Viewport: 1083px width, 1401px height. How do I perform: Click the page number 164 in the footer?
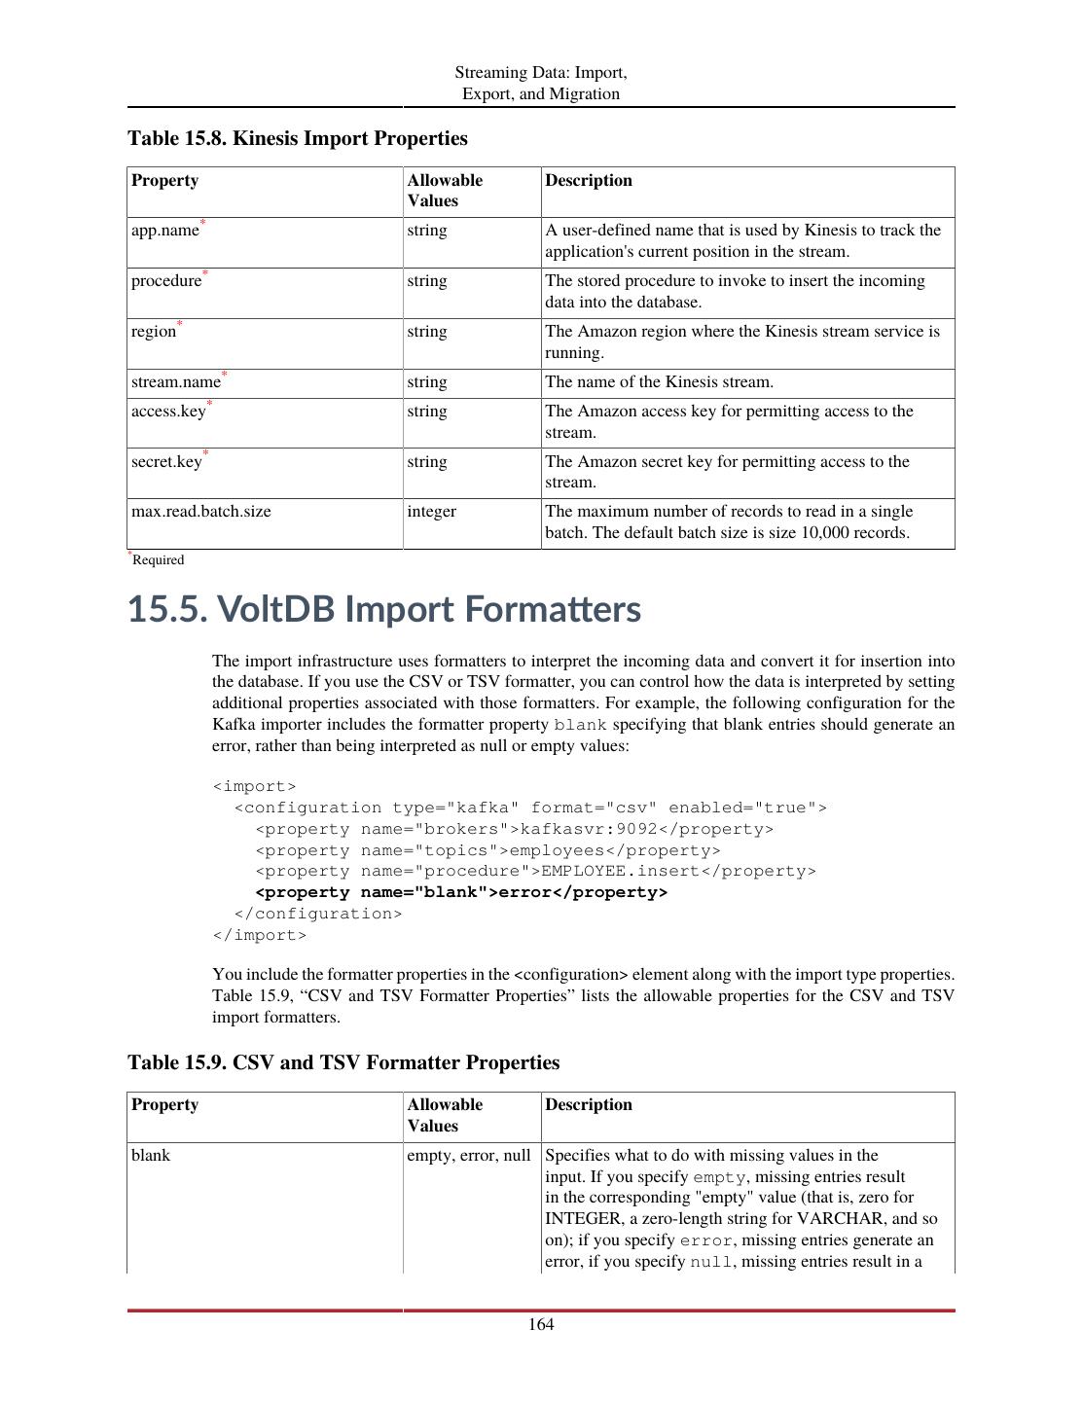(x=541, y=1324)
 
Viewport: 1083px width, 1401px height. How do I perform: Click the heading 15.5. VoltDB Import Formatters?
(x=384, y=609)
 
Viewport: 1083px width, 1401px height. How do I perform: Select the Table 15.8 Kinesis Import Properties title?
(x=298, y=138)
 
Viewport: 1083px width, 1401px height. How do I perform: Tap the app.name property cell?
(x=165, y=231)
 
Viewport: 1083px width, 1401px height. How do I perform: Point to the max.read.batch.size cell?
(x=201, y=512)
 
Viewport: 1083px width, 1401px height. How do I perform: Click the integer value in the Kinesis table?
(x=432, y=512)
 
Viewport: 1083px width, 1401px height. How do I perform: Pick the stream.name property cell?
(x=176, y=382)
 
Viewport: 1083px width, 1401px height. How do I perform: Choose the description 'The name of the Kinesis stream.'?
(x=659, y=382)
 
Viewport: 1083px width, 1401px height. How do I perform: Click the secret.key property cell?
(x=166, y=462)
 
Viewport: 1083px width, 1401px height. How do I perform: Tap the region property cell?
(x=154, y=332)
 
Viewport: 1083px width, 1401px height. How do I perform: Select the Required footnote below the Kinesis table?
(x=158, y=559)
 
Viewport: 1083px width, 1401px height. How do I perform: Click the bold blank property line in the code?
(x=461, y=892)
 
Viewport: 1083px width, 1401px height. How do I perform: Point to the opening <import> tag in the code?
(x=254, y=786)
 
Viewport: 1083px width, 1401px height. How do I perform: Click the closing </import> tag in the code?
(x=259, y=935)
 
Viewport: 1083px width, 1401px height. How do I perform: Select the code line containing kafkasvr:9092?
(x=514, y=829)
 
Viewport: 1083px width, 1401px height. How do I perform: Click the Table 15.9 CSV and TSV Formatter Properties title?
(x=343, y=1062)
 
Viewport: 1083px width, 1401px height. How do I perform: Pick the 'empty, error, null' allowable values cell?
(x=469, y=1156)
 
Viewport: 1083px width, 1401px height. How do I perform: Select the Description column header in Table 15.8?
(x=589, y=181)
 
